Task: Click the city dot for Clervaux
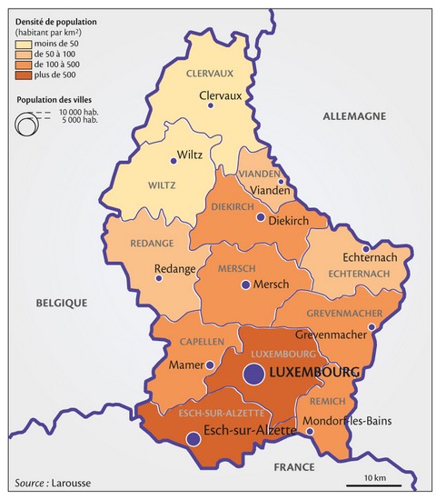(211, 105)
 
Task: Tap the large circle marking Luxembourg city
(253, 373)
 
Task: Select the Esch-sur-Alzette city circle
(193, 439)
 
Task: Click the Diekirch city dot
(260, 218)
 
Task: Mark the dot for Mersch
(243, 285)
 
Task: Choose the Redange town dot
(159, 280)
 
